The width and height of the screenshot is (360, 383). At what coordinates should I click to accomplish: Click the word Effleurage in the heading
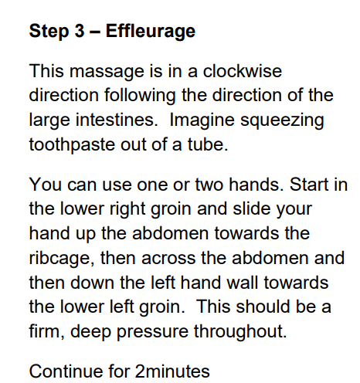[x=151, y=32]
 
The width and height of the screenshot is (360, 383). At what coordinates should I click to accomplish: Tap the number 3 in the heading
[x=80, y=31]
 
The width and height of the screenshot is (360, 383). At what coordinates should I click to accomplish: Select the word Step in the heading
[x=49, y=32]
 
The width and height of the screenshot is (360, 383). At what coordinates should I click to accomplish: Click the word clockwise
[x=243, y=71]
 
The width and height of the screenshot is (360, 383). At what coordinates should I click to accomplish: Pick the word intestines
[x=117, y=120]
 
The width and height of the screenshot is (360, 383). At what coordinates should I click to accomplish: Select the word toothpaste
[x=72, y=145]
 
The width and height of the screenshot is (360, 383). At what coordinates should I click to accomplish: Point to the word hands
[x=256, y=185]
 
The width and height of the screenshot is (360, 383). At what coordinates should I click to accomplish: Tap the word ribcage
[x=62, y=259]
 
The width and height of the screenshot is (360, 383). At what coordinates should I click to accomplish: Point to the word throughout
[x=240, y=332]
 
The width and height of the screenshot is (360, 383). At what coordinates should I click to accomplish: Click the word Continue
[x=66, y=371]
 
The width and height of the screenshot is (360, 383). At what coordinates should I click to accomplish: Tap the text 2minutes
[x=172, y=371]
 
